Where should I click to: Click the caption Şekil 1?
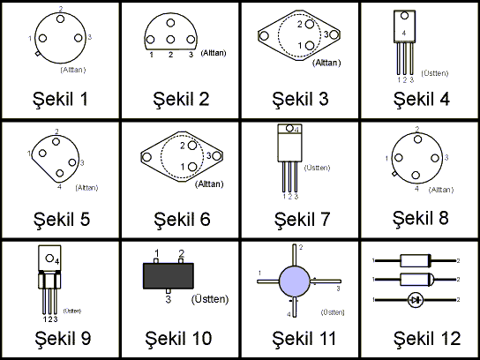pos(60,99)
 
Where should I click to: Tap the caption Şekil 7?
pos(302,219)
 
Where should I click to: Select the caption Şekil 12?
pos(427,338)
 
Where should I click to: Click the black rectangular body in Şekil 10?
pos(168,275)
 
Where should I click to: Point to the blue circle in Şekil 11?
pos(295,281)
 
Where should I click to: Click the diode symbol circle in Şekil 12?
pos(416,300)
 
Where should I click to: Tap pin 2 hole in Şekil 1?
pos(60,19)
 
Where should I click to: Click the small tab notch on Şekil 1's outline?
pos(37,54)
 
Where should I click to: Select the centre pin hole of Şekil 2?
pos(170,39)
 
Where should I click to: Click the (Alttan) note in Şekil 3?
pos(326,63)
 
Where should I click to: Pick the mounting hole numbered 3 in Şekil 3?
pos(334,34)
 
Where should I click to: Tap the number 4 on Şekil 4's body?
pos(404,33)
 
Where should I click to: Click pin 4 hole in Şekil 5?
pos(60,173)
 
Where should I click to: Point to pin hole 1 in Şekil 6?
pos(192,167)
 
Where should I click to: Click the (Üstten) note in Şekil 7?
pos(317,168)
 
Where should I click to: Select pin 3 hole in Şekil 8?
pos(435,158)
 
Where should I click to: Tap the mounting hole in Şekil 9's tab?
pos(49,258)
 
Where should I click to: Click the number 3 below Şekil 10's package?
pos(168,299)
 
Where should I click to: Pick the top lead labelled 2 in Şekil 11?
pos(295,255)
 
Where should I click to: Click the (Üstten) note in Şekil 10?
pos(210,299)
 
